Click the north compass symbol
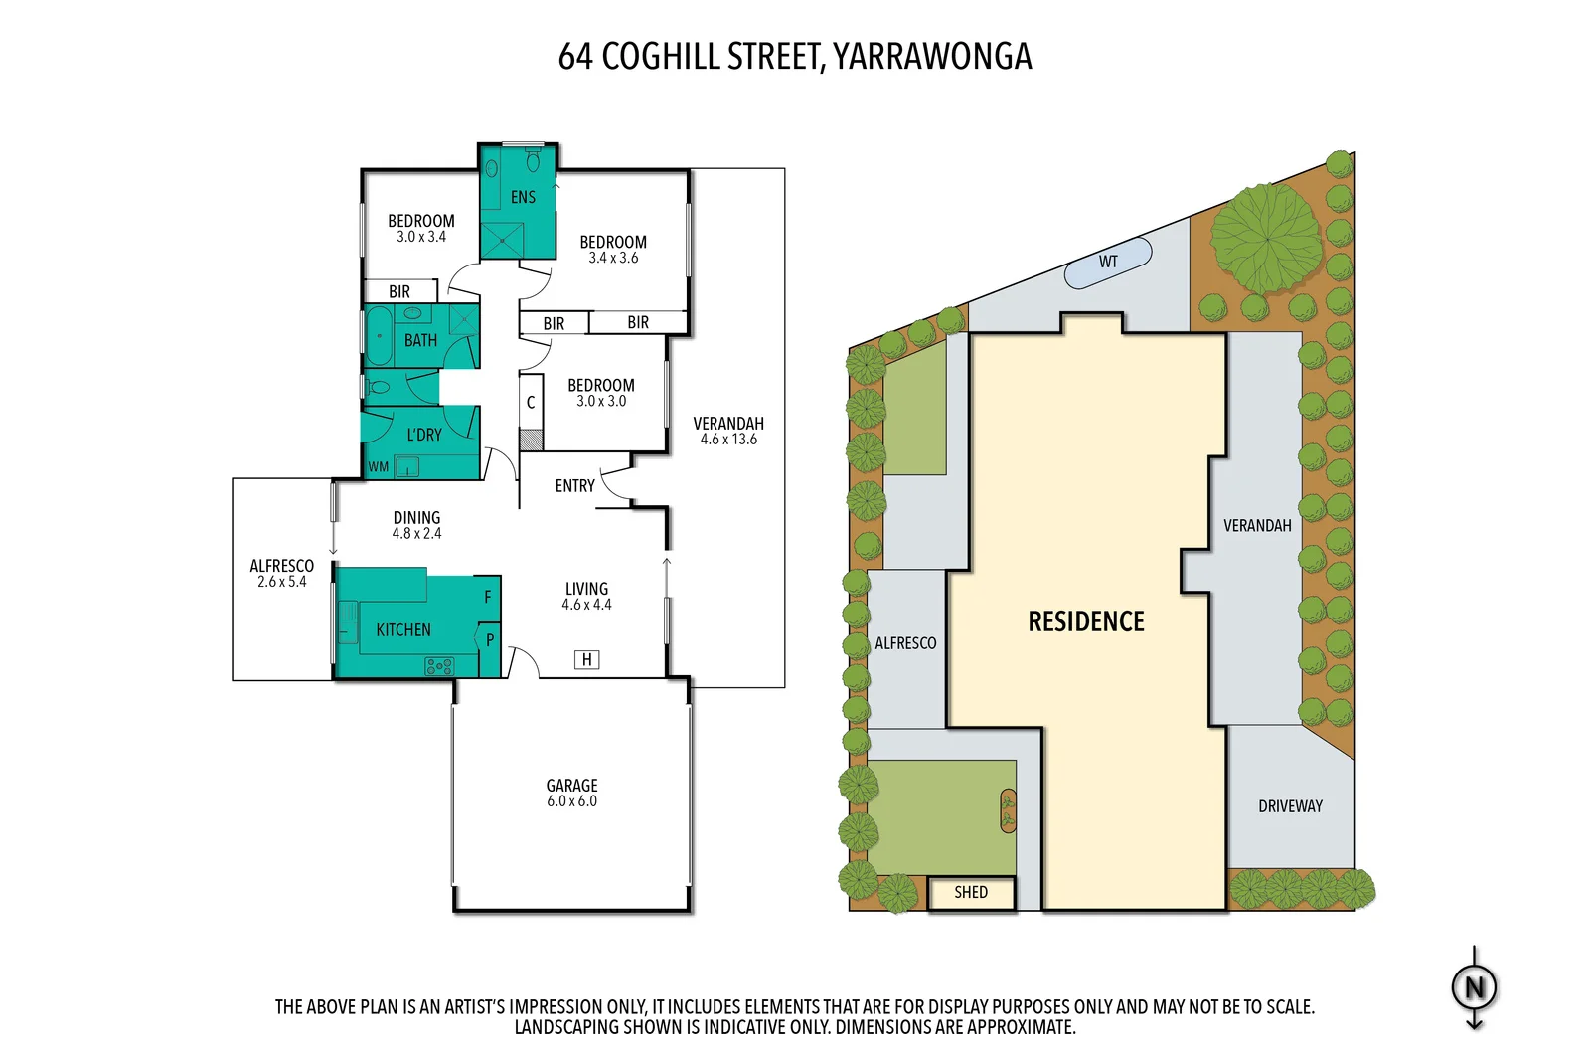click(x=1474, y=987)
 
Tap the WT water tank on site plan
click(x=1108, y=263)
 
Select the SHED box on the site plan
click(x=971, y=892)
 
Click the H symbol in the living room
click(x=587, y=659)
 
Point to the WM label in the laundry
click(x=379, y=466)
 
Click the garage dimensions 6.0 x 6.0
click(x=571, y=801)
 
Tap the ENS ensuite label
click(x=523, y=197)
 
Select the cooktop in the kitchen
click(x=439, y=666)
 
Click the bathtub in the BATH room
click(x=380, y=336)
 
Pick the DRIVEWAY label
click(x=1290, y=806)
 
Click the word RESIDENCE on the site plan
click(x=1085, y=622)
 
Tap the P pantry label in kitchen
click(x=489, y=640)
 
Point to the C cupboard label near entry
click(x=531, y=403)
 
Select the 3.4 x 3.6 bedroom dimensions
click(x=613, y=258)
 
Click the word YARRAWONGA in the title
click(x=932, y=57)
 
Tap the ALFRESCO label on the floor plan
click(x=281, y=566)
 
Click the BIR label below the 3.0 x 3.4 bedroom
click(x=399, y=291)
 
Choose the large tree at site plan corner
click(x=1266, y=239)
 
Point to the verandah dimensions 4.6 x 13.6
click(x=728, y=440)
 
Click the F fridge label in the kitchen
click(x=488, y=597)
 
